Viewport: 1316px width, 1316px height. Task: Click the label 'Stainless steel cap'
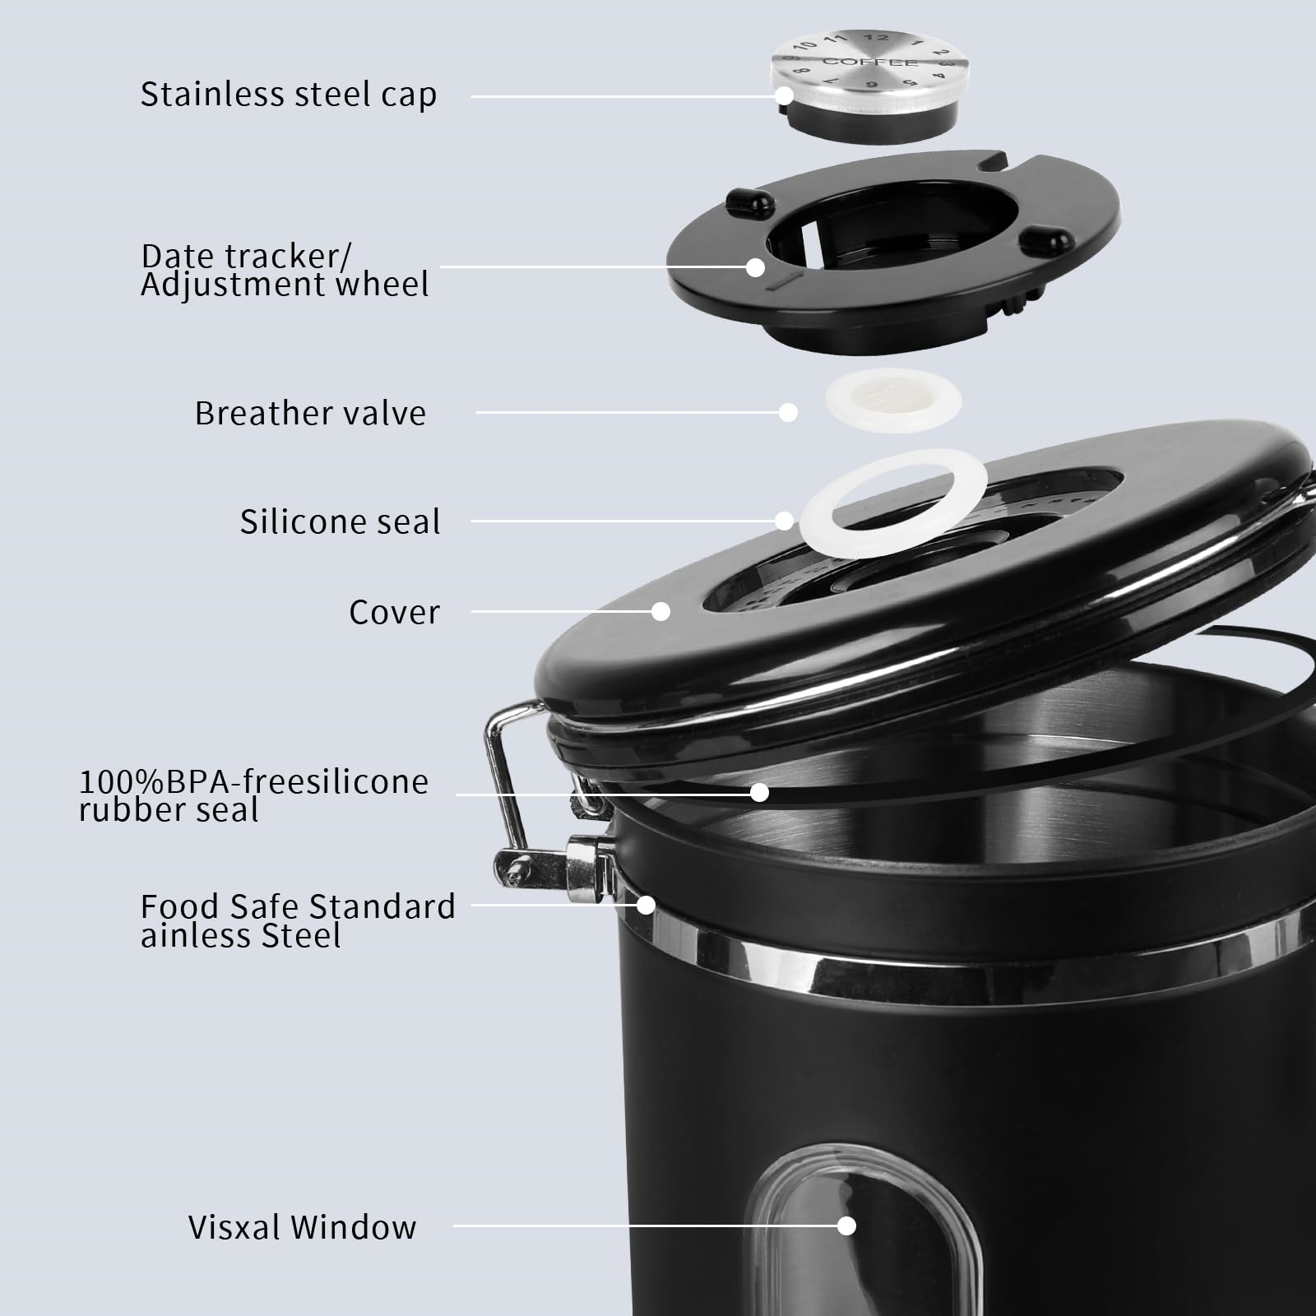(288, 95)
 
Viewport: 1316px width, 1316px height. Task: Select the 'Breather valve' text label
(310, 413)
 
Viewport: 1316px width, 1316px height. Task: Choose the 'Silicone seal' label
(340, 521)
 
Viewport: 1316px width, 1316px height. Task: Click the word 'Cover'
(394, 612)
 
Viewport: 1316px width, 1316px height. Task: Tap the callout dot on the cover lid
(660, 611)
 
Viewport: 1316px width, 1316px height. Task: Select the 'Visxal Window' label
(302, 1227)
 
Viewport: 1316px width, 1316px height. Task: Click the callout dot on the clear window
(846, 1226)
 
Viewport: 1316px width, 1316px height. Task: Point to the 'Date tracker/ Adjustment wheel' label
(285, 270)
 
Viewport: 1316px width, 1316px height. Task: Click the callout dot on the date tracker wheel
(755, 266)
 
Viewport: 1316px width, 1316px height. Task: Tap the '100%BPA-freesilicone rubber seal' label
(253, 795)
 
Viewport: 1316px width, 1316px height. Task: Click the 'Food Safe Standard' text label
(298, 906)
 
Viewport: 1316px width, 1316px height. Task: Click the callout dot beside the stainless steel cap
(784, 95)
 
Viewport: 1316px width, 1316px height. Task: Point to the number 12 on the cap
(877, 37)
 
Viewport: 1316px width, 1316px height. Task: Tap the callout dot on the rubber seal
(759, 792)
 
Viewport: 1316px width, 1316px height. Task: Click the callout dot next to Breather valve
(788, 412)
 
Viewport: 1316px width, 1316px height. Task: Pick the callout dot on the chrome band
(646, 905)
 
